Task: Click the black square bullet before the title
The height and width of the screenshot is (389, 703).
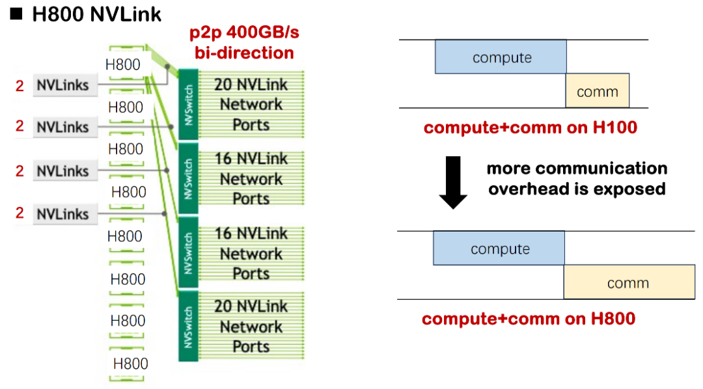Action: coord(17,14)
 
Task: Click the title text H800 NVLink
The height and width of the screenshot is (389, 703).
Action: coord(96,14)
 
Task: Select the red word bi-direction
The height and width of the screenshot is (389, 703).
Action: coord(244,53)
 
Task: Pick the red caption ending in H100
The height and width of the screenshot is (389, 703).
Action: coord(530,127)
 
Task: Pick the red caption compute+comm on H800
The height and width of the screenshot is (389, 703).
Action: coord(529,319)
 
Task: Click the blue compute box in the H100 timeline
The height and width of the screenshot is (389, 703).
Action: coord(501,57)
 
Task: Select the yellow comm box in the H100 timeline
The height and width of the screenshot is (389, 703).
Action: coord(597,91)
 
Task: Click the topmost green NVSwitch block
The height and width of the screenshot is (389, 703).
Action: coord(187,103)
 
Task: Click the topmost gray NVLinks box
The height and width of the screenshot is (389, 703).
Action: coord(63,85)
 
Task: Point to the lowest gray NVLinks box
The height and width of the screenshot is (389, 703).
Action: coord(63,214)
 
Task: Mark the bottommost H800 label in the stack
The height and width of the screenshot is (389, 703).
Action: coord(130,364)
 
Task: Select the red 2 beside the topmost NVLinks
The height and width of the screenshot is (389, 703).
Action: coord(20,85)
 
